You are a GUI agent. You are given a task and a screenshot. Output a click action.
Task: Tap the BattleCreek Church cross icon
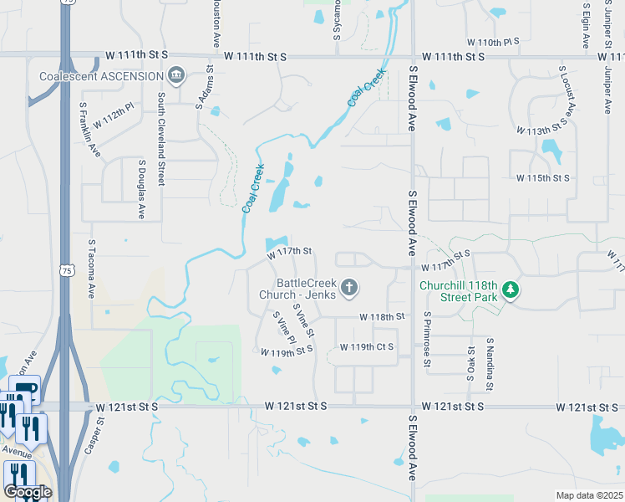tap(350, 289)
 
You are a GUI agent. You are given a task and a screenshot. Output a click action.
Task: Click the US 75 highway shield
tap(68, 270)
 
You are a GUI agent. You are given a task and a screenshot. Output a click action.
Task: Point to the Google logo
tap(28, 491)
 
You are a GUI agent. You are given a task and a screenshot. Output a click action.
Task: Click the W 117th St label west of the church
tap(289, 251)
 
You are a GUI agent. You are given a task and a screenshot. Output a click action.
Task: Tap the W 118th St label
tap(382, 317)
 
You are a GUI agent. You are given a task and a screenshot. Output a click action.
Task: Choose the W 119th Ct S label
tap(366, 346)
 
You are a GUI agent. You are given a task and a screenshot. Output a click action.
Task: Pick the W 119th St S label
tap(286, 352)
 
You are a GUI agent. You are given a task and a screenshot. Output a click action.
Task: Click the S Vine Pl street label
tap(285, 329)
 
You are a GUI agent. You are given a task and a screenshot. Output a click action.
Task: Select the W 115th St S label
tap(542, 178)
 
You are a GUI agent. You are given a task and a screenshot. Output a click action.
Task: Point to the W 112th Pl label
tap(114, 116)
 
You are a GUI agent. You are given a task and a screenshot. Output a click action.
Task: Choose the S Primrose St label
tap(427, 340)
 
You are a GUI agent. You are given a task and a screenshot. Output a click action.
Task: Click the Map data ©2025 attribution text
tap(589, 495)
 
